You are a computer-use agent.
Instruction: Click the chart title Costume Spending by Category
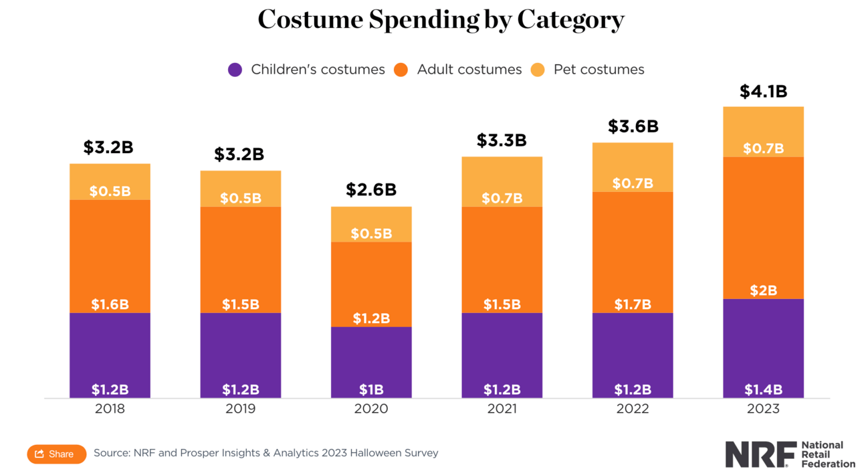click(441, 19)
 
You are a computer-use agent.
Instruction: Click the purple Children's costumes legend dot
click(235, 70)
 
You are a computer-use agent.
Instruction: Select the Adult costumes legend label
click(469, 70)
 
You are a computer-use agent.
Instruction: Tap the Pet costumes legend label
click(599, 70)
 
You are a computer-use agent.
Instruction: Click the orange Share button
click(56, 454)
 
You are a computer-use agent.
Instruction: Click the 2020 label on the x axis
click(371, 409)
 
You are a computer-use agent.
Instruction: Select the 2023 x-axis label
click(763, 409)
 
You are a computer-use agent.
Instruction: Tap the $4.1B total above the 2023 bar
click(763, 92)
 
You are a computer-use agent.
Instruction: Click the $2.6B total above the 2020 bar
click(371, 190)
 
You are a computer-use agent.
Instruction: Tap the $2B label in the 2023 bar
click(763, 290)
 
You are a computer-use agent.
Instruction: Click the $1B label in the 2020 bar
click(371, 390)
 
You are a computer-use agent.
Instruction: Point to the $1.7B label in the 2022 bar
click(633, 304)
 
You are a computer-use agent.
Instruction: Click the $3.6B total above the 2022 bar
click(633, 126)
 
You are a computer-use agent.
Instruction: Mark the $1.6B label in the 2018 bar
click(110, 304)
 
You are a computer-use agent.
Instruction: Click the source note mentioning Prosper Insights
click(265, 453)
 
